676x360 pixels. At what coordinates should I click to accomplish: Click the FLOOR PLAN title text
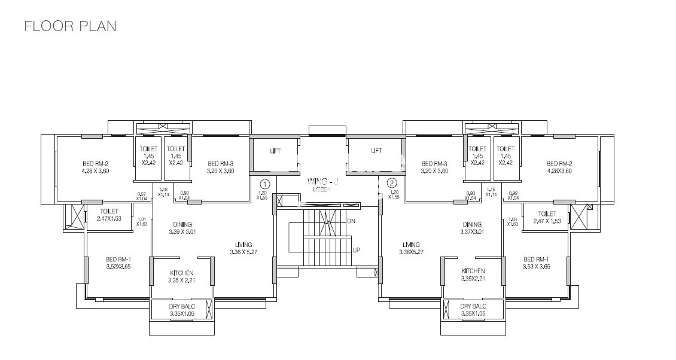click(x=70, y=26)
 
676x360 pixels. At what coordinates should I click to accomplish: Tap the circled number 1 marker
click(x=266, y=183)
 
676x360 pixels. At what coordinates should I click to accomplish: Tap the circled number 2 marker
click(x=392, y=183)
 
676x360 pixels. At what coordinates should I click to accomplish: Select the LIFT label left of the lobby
click(x=276, y=151)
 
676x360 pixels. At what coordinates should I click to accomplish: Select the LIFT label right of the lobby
click(x=376, y=151)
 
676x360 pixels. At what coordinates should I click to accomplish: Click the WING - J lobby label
click(x=322, y=182)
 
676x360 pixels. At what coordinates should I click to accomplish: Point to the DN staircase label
click(x=351, y=221)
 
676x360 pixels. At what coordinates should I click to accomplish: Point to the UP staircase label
click(x=356, y=250)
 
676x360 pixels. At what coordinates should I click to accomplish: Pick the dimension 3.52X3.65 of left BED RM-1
click(x=118, y=266)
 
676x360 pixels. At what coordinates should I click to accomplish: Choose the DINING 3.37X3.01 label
click(x=473, y=228)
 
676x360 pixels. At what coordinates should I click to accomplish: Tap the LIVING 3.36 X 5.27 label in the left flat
click(x=243, y=248)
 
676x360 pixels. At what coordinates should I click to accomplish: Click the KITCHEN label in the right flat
click(x=473, y=271)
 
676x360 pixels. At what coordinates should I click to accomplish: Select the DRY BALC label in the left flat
click(x=181, y=306)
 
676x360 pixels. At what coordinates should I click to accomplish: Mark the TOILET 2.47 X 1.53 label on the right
click(x=547, y=217)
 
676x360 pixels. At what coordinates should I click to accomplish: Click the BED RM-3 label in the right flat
click(x=435, y=163)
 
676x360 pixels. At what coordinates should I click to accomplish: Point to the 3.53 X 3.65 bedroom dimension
click(x=536, y=266)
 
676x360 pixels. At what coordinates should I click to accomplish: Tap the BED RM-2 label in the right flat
click(x=559, y=163)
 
